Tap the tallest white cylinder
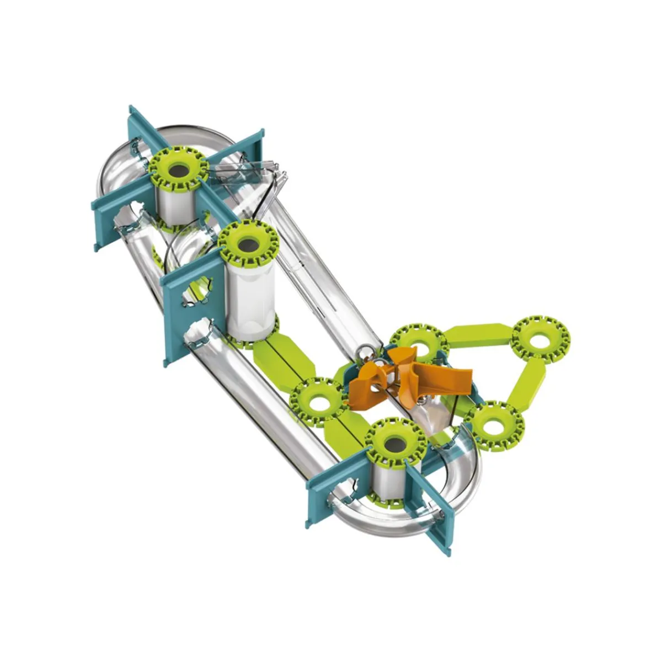point(251,298)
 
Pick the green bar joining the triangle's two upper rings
point(477,333)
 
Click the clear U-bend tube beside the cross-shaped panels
point(119,165)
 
